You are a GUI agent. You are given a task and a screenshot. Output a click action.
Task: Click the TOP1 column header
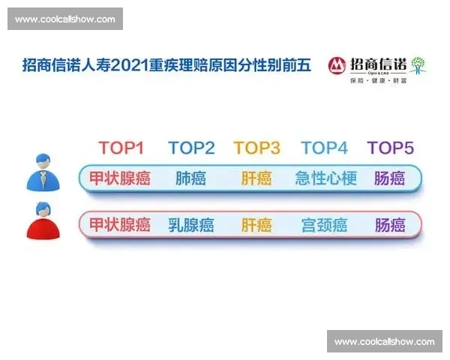pyautogui.click(x=121, y=148)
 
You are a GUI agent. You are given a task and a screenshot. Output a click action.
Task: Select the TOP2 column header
pyautogui.click(x=191, y=148)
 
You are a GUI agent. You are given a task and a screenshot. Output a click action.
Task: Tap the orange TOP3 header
pyautogui.click(x=256, y=148)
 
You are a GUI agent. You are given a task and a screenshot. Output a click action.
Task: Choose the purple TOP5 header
pyautogui.click(x=390, y=148)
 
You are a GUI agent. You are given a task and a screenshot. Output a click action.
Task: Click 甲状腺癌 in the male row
pyautogui.click(x=120, y=178)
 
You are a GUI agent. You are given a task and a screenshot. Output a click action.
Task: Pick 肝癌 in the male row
pyautogui.click(x=256, y=178)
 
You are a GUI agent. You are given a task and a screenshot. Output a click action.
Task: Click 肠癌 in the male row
pyautogui.click(x=389, y=178)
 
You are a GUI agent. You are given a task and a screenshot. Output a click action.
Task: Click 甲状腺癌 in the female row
pyautogui.click(x=120, y=224)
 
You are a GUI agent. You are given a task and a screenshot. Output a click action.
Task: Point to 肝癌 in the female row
pyautogui.click(x=256, y=224)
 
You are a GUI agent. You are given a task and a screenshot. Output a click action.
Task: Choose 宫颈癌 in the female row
pyautogui.click(x=323, y=224)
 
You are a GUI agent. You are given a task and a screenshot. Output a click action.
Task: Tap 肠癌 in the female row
pyautogui.click(x=389, y=224)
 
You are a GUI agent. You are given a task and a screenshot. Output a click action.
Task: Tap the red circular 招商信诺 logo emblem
pyautogui.click(x=337, y=65)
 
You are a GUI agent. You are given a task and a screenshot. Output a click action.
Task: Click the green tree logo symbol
pyautogui.click(x=418, y=64)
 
